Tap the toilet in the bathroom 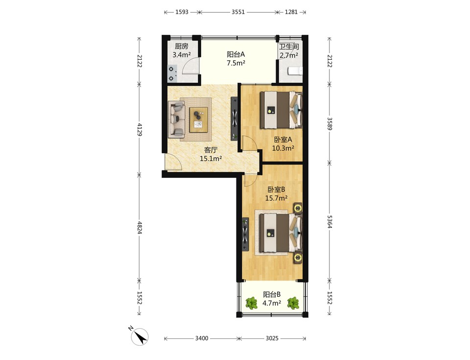(295, 71)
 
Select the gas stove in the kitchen (172, 73)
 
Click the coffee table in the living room (199, 120)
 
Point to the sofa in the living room (176, 119)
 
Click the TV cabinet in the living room (235, 118)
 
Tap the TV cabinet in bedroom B (245, 234)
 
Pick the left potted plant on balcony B (252, 303)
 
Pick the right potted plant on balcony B (293, 303)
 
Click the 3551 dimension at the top (238, 12)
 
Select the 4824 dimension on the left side (139, 228)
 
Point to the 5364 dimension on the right (329, 222)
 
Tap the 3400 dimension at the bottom (202, 338)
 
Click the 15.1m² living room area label (211, 159)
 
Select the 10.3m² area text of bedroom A (283, 148)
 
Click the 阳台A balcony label (236, 54)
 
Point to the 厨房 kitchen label (182, 47)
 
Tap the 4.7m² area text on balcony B (272, 303)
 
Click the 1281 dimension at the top (291, 12)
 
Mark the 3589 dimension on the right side (329, 123)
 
